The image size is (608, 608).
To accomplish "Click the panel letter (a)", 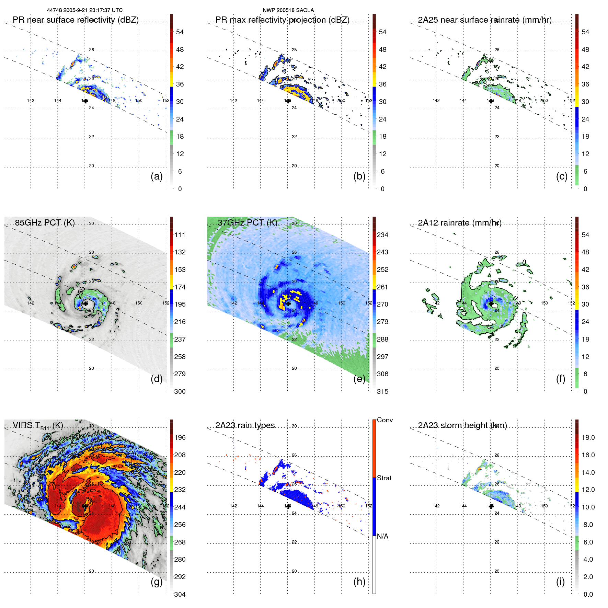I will coord(157,176).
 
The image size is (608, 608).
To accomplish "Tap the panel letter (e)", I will coord(359,379).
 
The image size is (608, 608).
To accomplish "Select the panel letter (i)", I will coord(560,582).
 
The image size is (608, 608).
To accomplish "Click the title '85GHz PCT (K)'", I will coord(45,222).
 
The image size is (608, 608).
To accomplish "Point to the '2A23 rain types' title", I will coord(245,425).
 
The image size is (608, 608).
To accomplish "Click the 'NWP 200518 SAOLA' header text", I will coord(288,10).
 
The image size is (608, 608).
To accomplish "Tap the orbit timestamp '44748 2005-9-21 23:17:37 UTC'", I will coord(85,10).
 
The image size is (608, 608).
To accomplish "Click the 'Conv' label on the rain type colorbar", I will coord(385,420).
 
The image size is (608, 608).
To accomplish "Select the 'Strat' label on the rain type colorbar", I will coord(384,478).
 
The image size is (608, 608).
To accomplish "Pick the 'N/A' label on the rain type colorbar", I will coord(382,536).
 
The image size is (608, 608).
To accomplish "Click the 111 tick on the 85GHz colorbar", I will coord(180,235).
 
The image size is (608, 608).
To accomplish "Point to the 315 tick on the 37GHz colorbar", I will coord(382,391).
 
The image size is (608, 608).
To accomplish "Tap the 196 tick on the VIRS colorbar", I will coord(180,437).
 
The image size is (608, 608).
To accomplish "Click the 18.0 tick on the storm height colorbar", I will coord(588,437).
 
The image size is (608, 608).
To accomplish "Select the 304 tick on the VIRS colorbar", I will coord(180,594).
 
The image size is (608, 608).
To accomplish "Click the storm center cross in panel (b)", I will coord(288,101).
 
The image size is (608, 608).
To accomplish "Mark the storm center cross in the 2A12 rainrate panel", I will coord(491,303).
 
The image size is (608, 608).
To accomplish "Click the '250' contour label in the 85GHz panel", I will coord(81,292).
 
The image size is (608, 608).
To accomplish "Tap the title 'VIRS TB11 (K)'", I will coord(38,426).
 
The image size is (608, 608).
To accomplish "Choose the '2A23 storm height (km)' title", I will coord(462,425).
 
